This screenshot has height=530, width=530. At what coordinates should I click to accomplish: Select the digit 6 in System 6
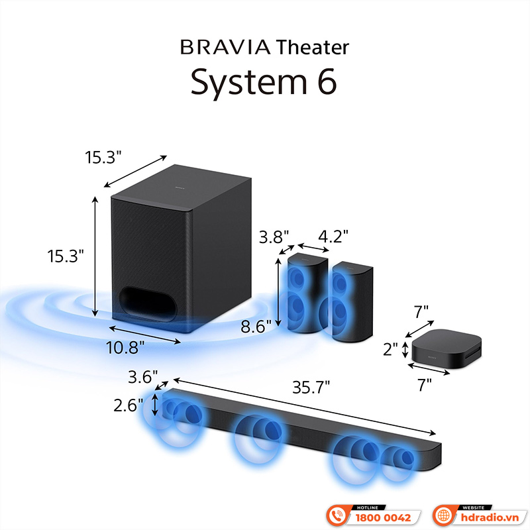click(326, 81)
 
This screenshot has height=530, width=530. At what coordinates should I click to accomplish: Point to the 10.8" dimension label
click(127, 346)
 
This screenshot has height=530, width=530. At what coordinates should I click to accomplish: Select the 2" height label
click(392, 348)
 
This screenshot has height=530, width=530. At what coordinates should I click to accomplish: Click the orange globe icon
click(443, 515)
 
